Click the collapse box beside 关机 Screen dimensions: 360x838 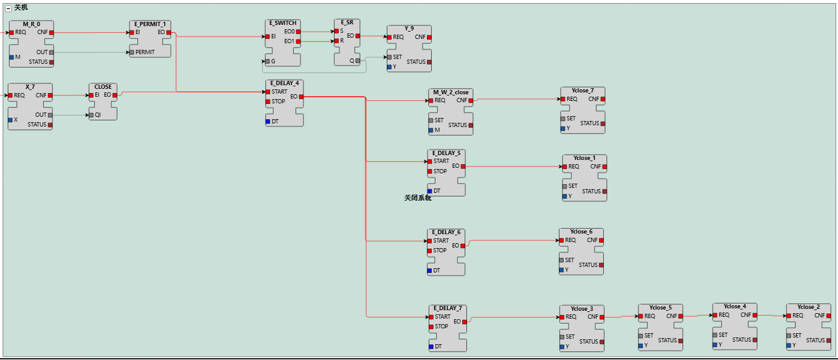coord(8,8)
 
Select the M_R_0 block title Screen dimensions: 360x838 coord(32,24)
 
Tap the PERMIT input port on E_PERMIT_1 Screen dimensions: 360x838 coord(132,52)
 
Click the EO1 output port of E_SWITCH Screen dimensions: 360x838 coord(298,41)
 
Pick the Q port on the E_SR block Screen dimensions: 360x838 coord(358,61)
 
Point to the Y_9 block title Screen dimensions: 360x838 coord(409,29)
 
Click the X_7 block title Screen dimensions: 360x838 coord(30,87)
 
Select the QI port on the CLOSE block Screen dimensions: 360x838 coord(91,114)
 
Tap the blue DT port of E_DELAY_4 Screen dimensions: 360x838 coord(268,122)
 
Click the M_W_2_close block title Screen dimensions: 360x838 coord(451,92)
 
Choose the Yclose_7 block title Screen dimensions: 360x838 coord(583,91)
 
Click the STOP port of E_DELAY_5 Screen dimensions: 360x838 coord(430,171)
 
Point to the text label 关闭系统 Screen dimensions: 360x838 coord(418,198)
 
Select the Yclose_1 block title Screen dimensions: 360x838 coord(584,158)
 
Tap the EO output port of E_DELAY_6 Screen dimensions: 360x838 coord(463,246)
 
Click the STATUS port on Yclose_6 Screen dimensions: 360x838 coord(601,265)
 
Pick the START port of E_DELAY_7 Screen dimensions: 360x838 coord(431,317)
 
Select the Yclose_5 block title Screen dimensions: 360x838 coord(660,308)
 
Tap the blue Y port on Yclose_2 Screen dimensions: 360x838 coord(789,345)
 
